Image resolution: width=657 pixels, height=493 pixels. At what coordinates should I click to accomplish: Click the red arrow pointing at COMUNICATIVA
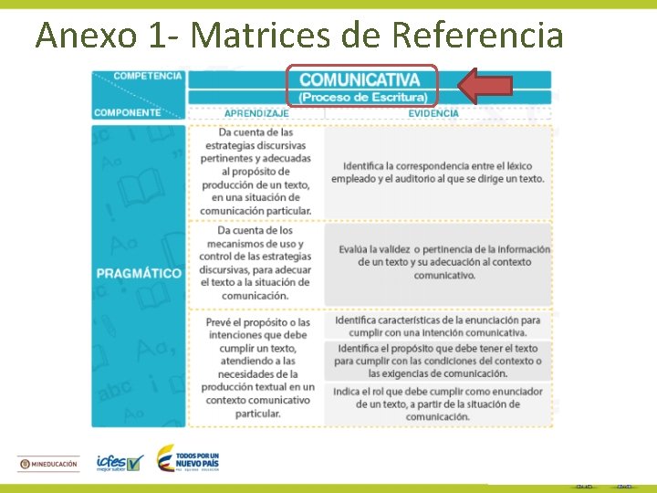(x=485, y=86)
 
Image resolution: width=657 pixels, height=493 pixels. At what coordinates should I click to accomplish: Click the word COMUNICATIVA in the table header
(x=360, y=80)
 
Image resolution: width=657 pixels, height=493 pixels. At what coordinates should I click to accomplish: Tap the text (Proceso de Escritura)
(x=362, y=98)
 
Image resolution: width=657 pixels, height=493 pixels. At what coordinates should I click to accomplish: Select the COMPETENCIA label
(x=148, y=76)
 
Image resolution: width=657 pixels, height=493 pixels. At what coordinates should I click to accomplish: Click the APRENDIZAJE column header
(x=256, y=113)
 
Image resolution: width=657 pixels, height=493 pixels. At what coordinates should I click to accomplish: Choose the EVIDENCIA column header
(x=434, y=113)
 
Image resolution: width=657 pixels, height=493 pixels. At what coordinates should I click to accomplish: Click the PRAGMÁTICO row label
(x=138, y=273)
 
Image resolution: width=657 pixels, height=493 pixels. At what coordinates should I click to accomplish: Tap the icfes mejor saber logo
(x=120, y=463)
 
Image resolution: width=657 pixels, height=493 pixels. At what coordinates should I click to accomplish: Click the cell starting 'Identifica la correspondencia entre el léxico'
(x=443, y=172)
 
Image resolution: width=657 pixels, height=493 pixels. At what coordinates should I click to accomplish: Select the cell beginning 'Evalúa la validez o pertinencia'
(x=443, y=262)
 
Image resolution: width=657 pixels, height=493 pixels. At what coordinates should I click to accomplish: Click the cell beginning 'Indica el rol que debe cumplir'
(x=438, y=404)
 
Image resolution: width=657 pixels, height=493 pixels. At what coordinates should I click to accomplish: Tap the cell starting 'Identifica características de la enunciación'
(x=438, y=326)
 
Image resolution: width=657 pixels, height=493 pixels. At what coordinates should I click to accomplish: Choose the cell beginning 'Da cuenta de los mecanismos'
(x=256, y=263)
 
